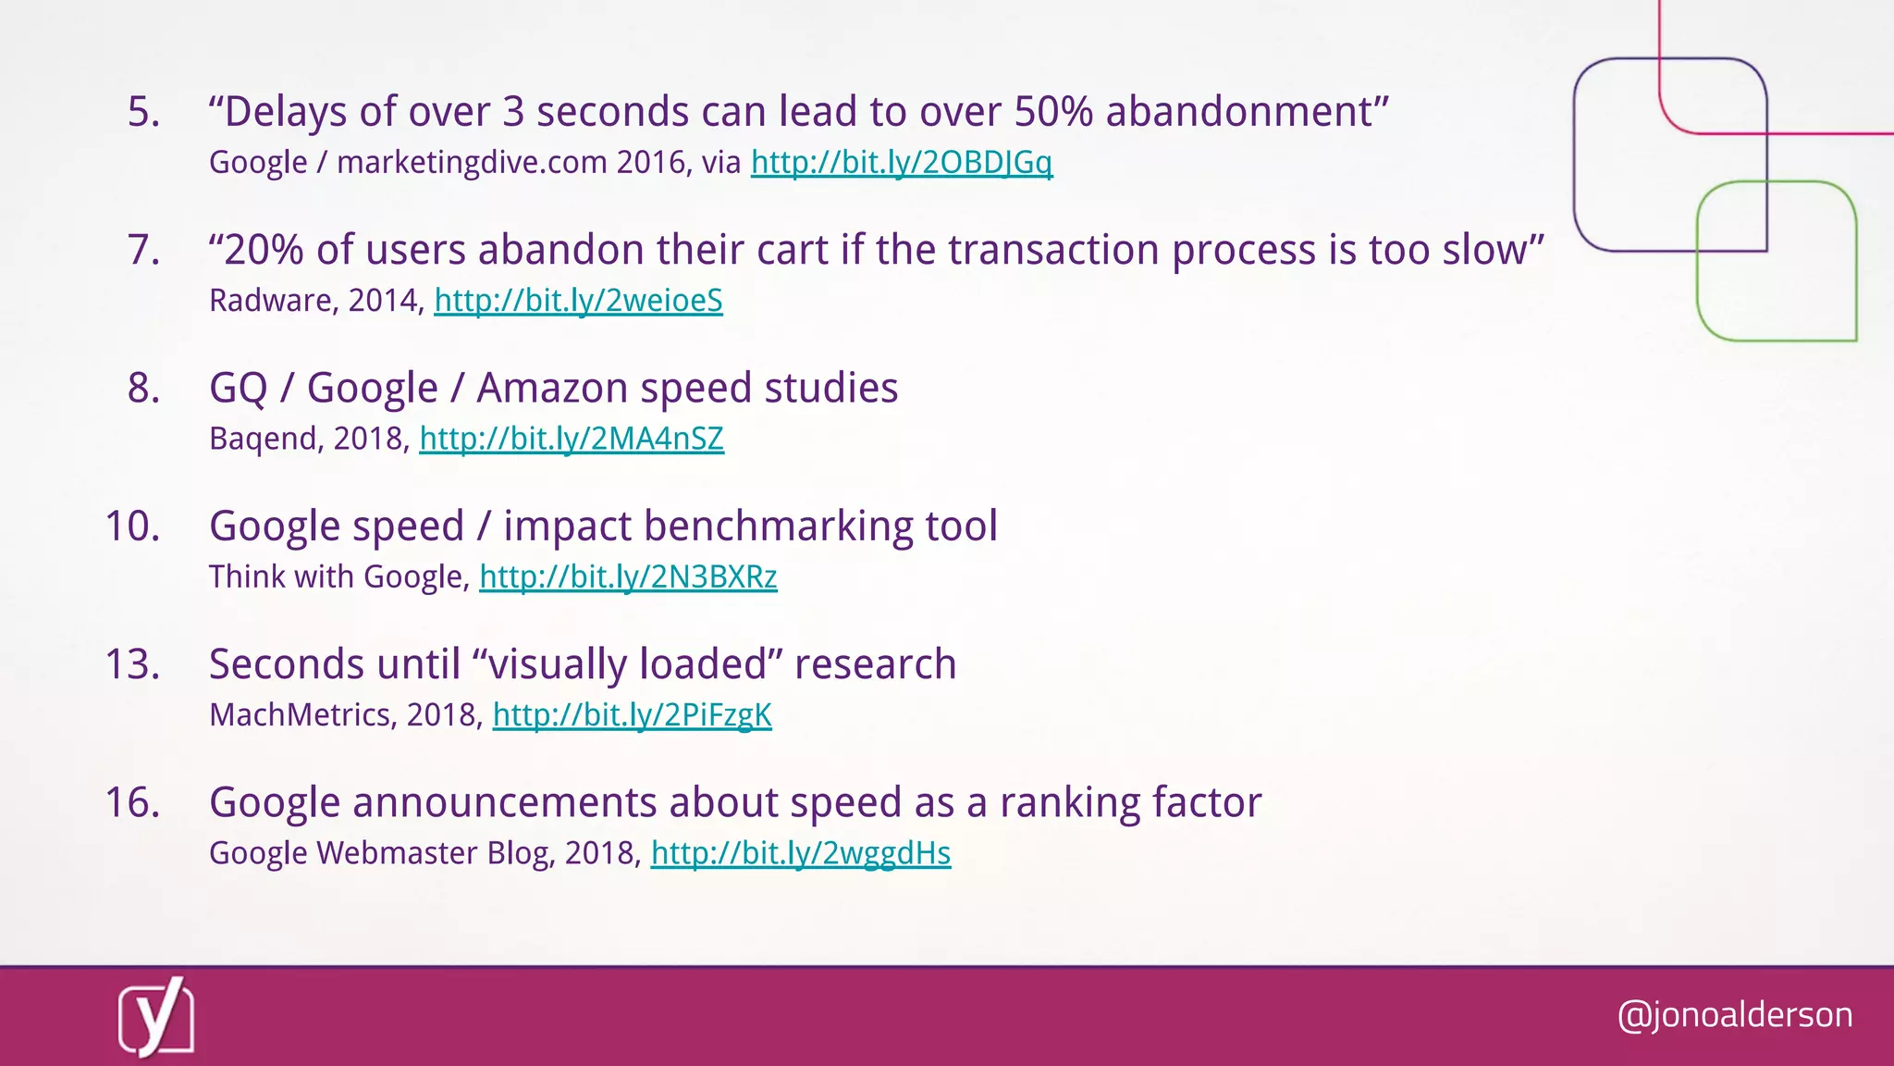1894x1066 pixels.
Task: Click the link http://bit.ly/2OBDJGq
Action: click(x=901, y=163)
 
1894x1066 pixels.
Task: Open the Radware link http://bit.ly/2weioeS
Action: click(x=578, y=301)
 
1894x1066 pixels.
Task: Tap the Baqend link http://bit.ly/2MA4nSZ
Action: click(x=572, y=439)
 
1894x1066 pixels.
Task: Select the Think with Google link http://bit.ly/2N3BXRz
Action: click(x=628, y=576)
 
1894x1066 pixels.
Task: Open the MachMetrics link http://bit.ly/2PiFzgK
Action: click(x=632, y=714)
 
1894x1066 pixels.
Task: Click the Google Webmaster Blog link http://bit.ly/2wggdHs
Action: click(x=800, y=853)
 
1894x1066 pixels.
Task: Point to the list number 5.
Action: click(x=143, y=112)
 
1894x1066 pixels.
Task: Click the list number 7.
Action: click(x=143, y=250)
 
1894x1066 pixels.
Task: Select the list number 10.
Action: click(x=132, y=527)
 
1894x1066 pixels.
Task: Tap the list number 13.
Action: click(x=132, y=664)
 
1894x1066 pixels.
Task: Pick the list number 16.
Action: click(x=132, y=802)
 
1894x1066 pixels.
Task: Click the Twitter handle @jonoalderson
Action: click(x=1735, y=1015)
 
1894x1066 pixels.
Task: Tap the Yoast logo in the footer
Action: click(x=156, y=1017)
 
